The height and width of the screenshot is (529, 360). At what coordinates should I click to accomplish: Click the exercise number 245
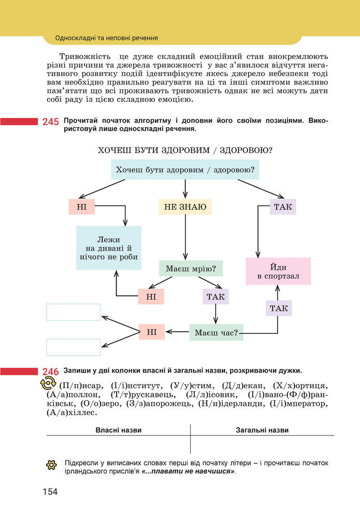tap(51, 122)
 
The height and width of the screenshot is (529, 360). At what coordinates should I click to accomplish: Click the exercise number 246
tap(51, 372)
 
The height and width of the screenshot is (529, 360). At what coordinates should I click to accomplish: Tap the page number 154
tap(50, 491)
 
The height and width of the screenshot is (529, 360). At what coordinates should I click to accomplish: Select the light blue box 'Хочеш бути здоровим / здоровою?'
tap(185, 170)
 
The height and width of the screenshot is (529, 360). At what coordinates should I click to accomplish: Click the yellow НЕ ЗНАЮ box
tap(185, 207)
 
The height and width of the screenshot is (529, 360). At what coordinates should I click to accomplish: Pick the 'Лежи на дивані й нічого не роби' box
tap(109, 247)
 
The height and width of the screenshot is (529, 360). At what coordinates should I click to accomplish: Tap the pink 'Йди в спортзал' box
tap(278, 271)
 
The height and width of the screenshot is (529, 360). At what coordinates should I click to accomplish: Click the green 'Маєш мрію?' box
tap(191, 269)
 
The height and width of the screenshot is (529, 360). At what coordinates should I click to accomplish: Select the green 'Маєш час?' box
tap(217, 332)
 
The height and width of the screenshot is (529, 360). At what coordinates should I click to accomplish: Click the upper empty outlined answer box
tap(74, 312)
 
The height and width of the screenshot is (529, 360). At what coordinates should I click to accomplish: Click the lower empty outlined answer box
tap(74, 347)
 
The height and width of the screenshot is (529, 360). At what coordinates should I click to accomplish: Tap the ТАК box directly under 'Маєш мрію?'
tap(215, 297)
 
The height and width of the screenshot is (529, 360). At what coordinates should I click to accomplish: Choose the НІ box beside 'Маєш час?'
tap(152, 332)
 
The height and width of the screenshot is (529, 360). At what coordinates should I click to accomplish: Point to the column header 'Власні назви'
tap(118, 430)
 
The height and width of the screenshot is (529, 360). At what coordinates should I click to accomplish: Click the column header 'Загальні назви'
tap(262, 430)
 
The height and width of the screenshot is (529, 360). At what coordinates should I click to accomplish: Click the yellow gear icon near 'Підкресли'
tap(51, 464)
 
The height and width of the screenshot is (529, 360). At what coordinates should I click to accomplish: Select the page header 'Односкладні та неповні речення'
tap(106, 38)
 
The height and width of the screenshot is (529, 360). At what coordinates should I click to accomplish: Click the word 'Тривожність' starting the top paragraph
tap(83, 56)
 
